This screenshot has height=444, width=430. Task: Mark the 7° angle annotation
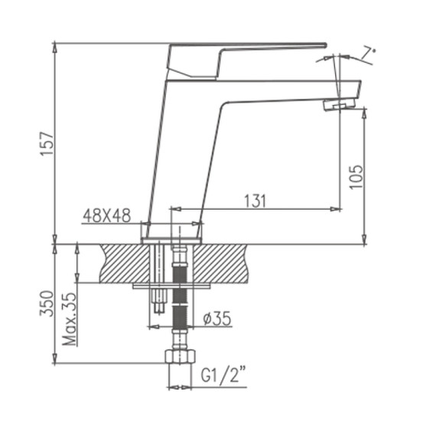(369, 53)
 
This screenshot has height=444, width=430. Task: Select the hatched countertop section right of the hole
(222, 263)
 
